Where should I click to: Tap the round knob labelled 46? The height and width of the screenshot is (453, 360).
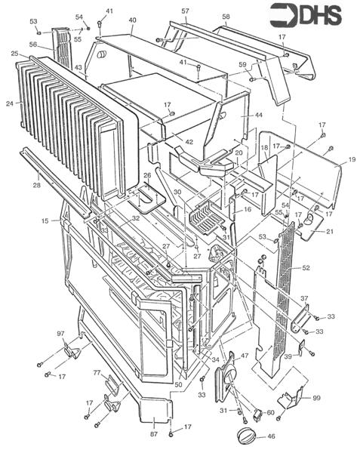pyautogui.click(x=247, y=436)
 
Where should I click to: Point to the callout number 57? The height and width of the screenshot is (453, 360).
pyautogui.click(x=185, y=11)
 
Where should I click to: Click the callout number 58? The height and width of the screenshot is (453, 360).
pyautogui.click(x=226, y=17)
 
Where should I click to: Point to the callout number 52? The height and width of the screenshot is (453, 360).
pyautogui.click(x=306, y=268)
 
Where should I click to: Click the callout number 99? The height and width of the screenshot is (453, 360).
pyautogui.click(x=315, y=398)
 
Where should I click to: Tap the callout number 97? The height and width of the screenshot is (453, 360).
pyautogui.click(x=60, y=334)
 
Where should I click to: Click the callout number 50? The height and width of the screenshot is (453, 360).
pyautogui.click(x=178, y=385)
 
